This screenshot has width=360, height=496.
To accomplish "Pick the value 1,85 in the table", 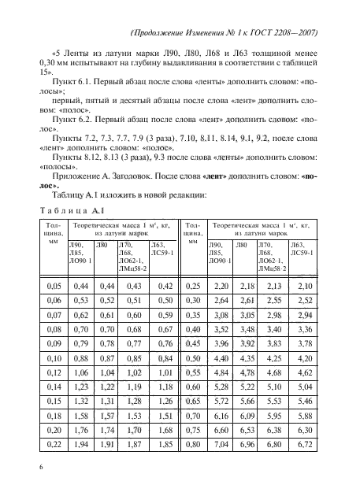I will [165, 446].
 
